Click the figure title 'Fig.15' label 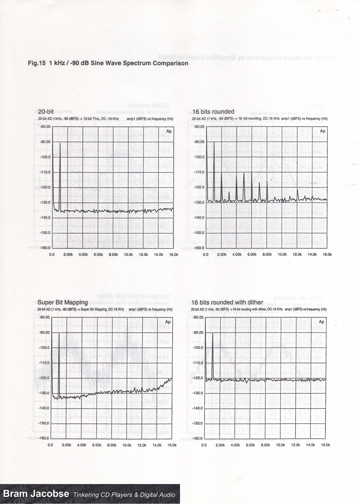37,63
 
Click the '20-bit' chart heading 46,112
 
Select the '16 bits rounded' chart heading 213,112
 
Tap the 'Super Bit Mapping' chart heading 63,302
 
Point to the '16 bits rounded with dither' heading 227,302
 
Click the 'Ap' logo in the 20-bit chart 169,131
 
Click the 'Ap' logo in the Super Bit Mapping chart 168,322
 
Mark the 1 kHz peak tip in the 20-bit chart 60,143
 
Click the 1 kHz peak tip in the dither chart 213,334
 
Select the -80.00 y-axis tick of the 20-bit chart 45,126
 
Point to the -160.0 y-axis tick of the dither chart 198,438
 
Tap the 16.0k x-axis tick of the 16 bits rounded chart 327,254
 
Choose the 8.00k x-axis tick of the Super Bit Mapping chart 112,445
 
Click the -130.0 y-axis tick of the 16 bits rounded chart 199,202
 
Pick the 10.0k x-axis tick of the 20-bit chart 128,254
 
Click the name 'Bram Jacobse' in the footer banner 36,494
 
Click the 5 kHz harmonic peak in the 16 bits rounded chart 244,173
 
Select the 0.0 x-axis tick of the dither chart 204,445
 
